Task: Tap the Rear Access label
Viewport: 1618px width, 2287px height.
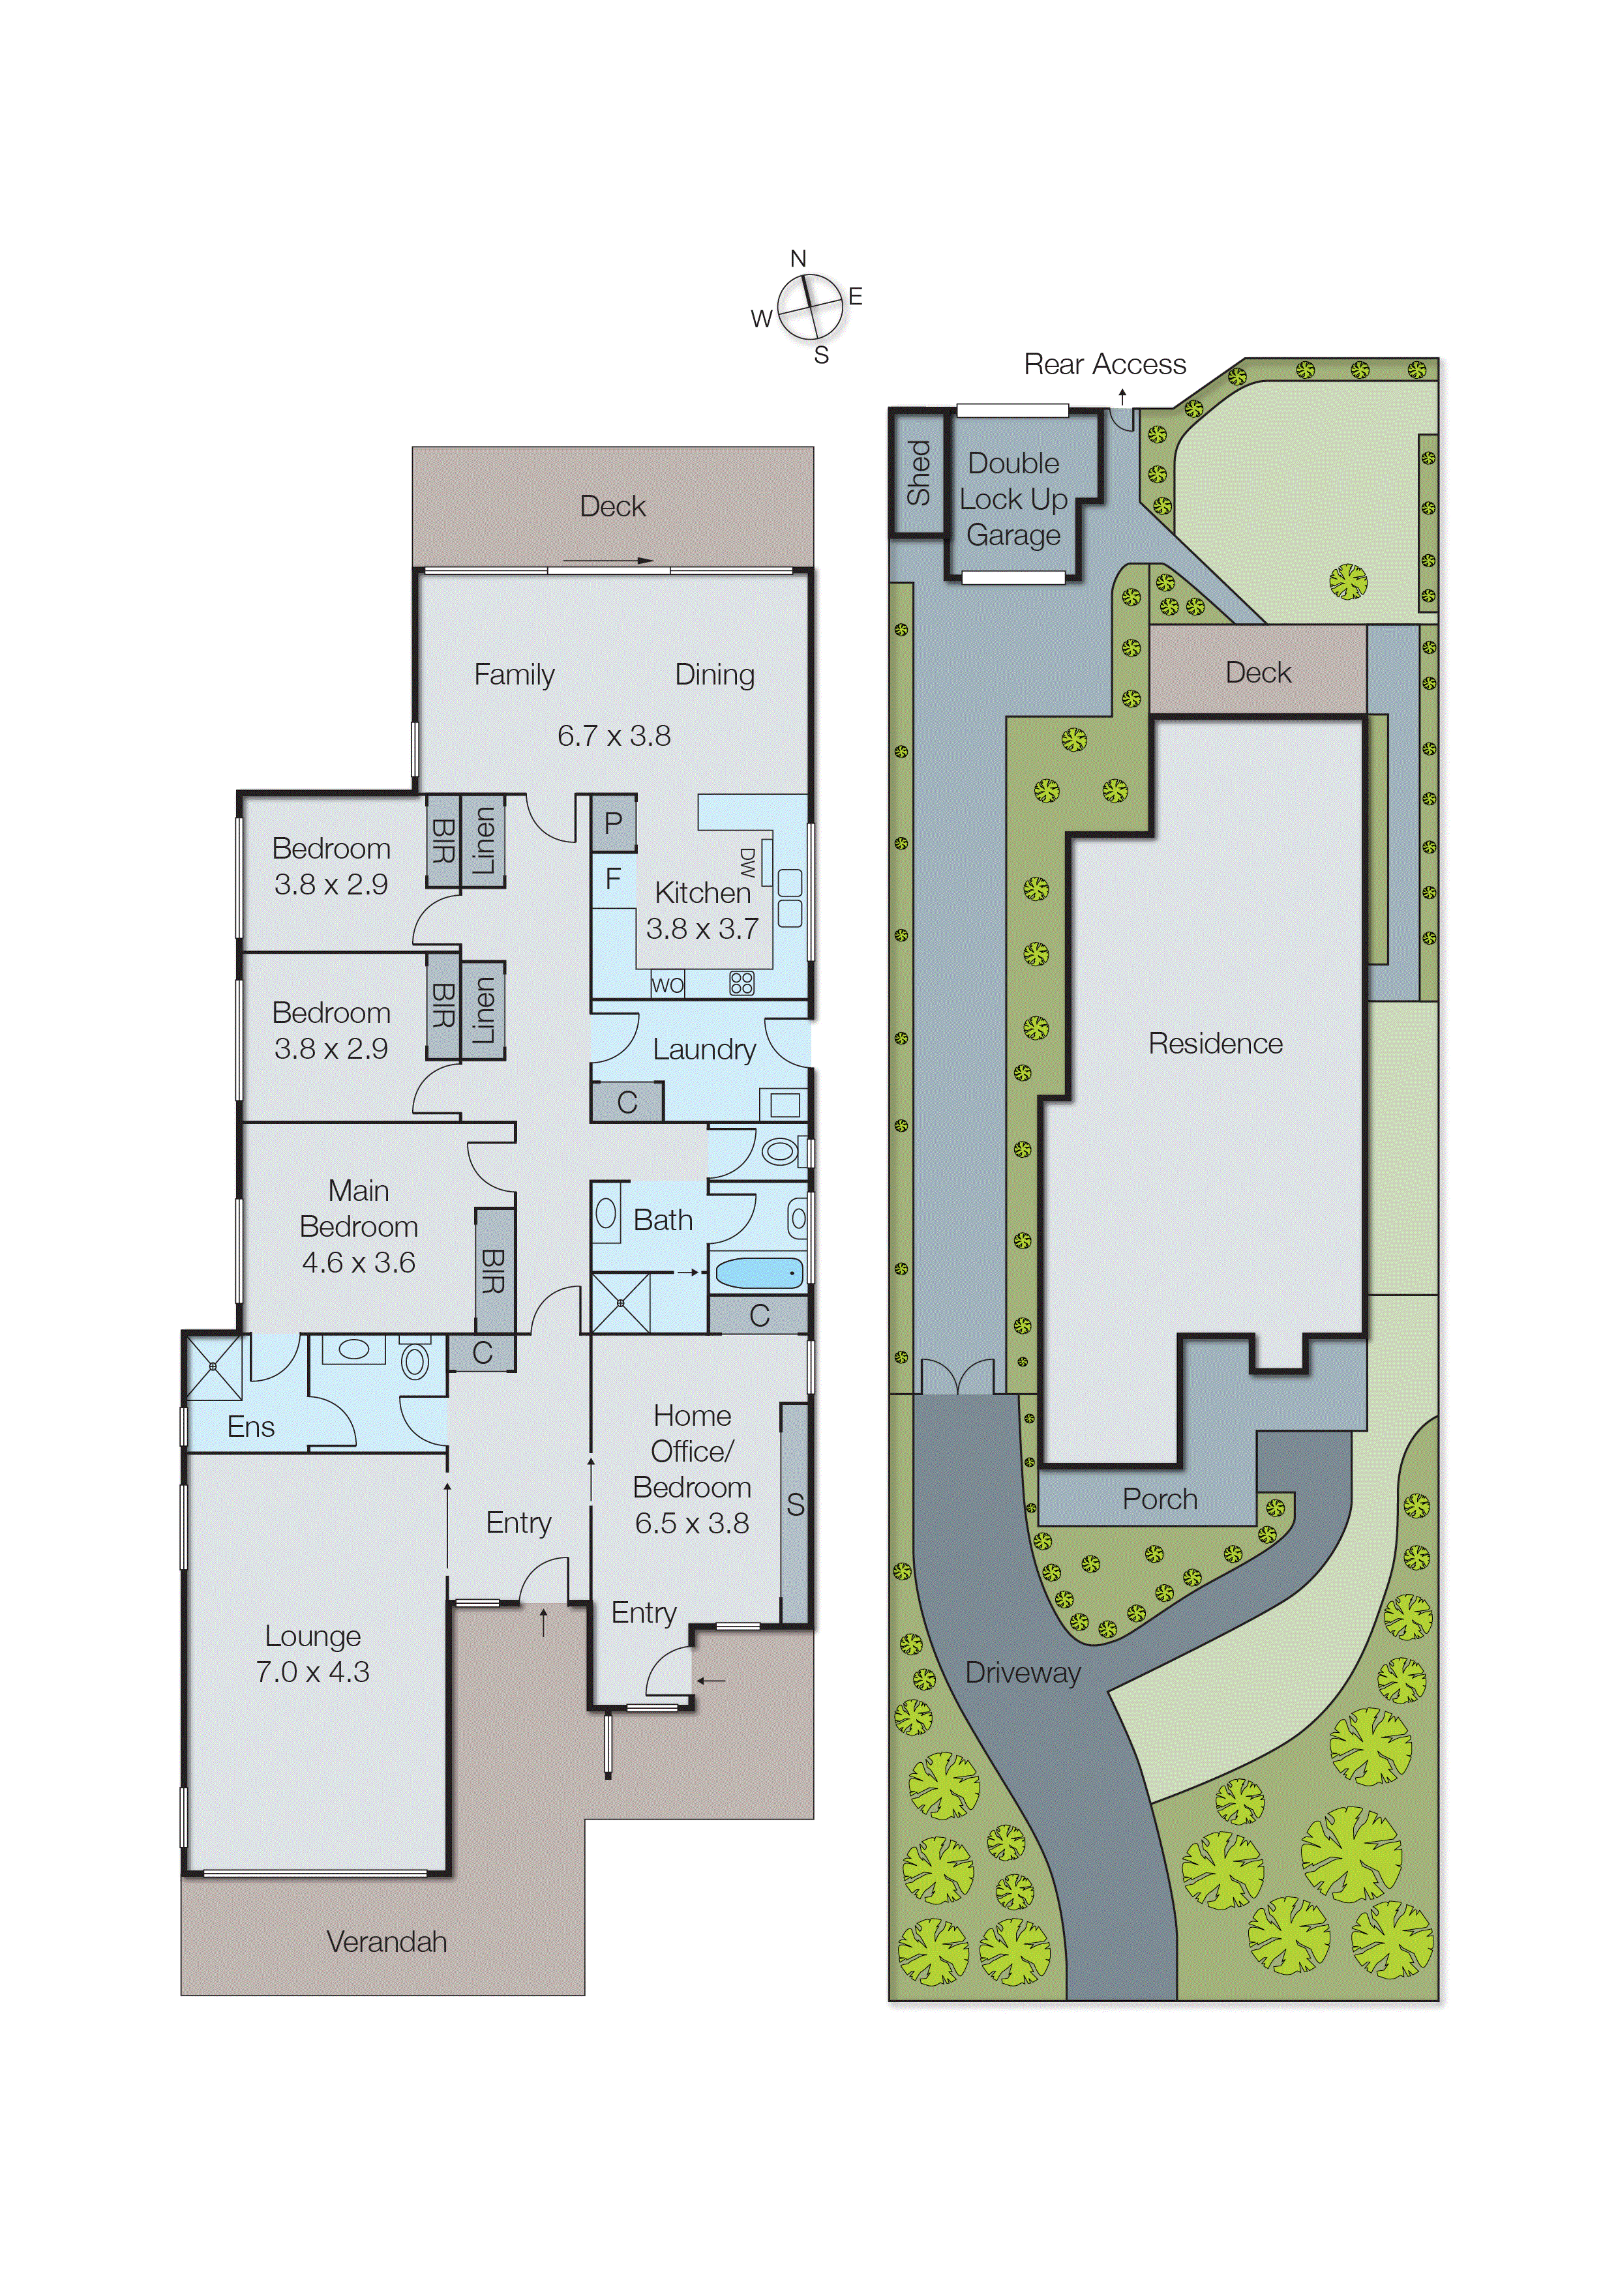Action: point(1104,364)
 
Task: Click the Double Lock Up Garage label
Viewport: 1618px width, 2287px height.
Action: point(1013,499)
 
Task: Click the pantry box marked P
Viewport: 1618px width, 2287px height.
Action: point(613,823)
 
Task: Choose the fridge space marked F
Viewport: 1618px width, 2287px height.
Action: point(613,879)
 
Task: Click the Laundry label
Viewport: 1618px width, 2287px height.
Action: point(704,1050)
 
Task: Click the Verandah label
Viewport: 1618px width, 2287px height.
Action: point(387,1941)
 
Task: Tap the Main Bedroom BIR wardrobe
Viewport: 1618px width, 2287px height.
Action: point(493,1270)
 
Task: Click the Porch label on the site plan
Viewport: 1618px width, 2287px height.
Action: point(1160,1499)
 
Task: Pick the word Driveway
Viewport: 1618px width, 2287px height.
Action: point(1022,1674)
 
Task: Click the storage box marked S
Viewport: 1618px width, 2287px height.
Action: point(794,1505)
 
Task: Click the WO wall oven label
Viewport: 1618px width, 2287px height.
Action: point(667,985)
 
